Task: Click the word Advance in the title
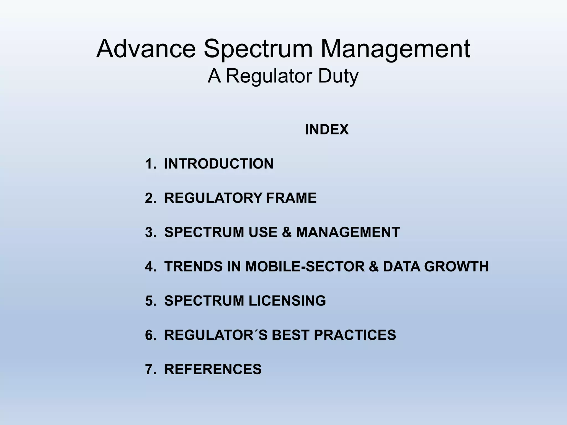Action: pyautogui.click(x=146, y=49)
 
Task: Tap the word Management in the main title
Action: pyautogui.click(x=395, y=49)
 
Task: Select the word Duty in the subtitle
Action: pyautogui.click(x=338, y=76)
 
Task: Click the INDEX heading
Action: pyautogui.click(x=327, y=129)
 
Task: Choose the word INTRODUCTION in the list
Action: pyautogui.click(x=219, y=164)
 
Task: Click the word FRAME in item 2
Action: pyautogui.click(x=291, y=198)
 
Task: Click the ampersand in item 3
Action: pyautogui.click(x=287, y=232)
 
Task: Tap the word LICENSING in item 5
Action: pyautogui.click(x=287, y=300)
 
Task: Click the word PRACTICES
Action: pyautogui.click(x=355, y=335)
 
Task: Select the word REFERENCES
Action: pyautogui.click(x=213, y=369)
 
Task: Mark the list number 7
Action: pyautogui.click(x=150, y=369)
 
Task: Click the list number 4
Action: pyautogui.click(x=150, y=266)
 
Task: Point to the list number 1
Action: pyautogui.click(x=150, y=164)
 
